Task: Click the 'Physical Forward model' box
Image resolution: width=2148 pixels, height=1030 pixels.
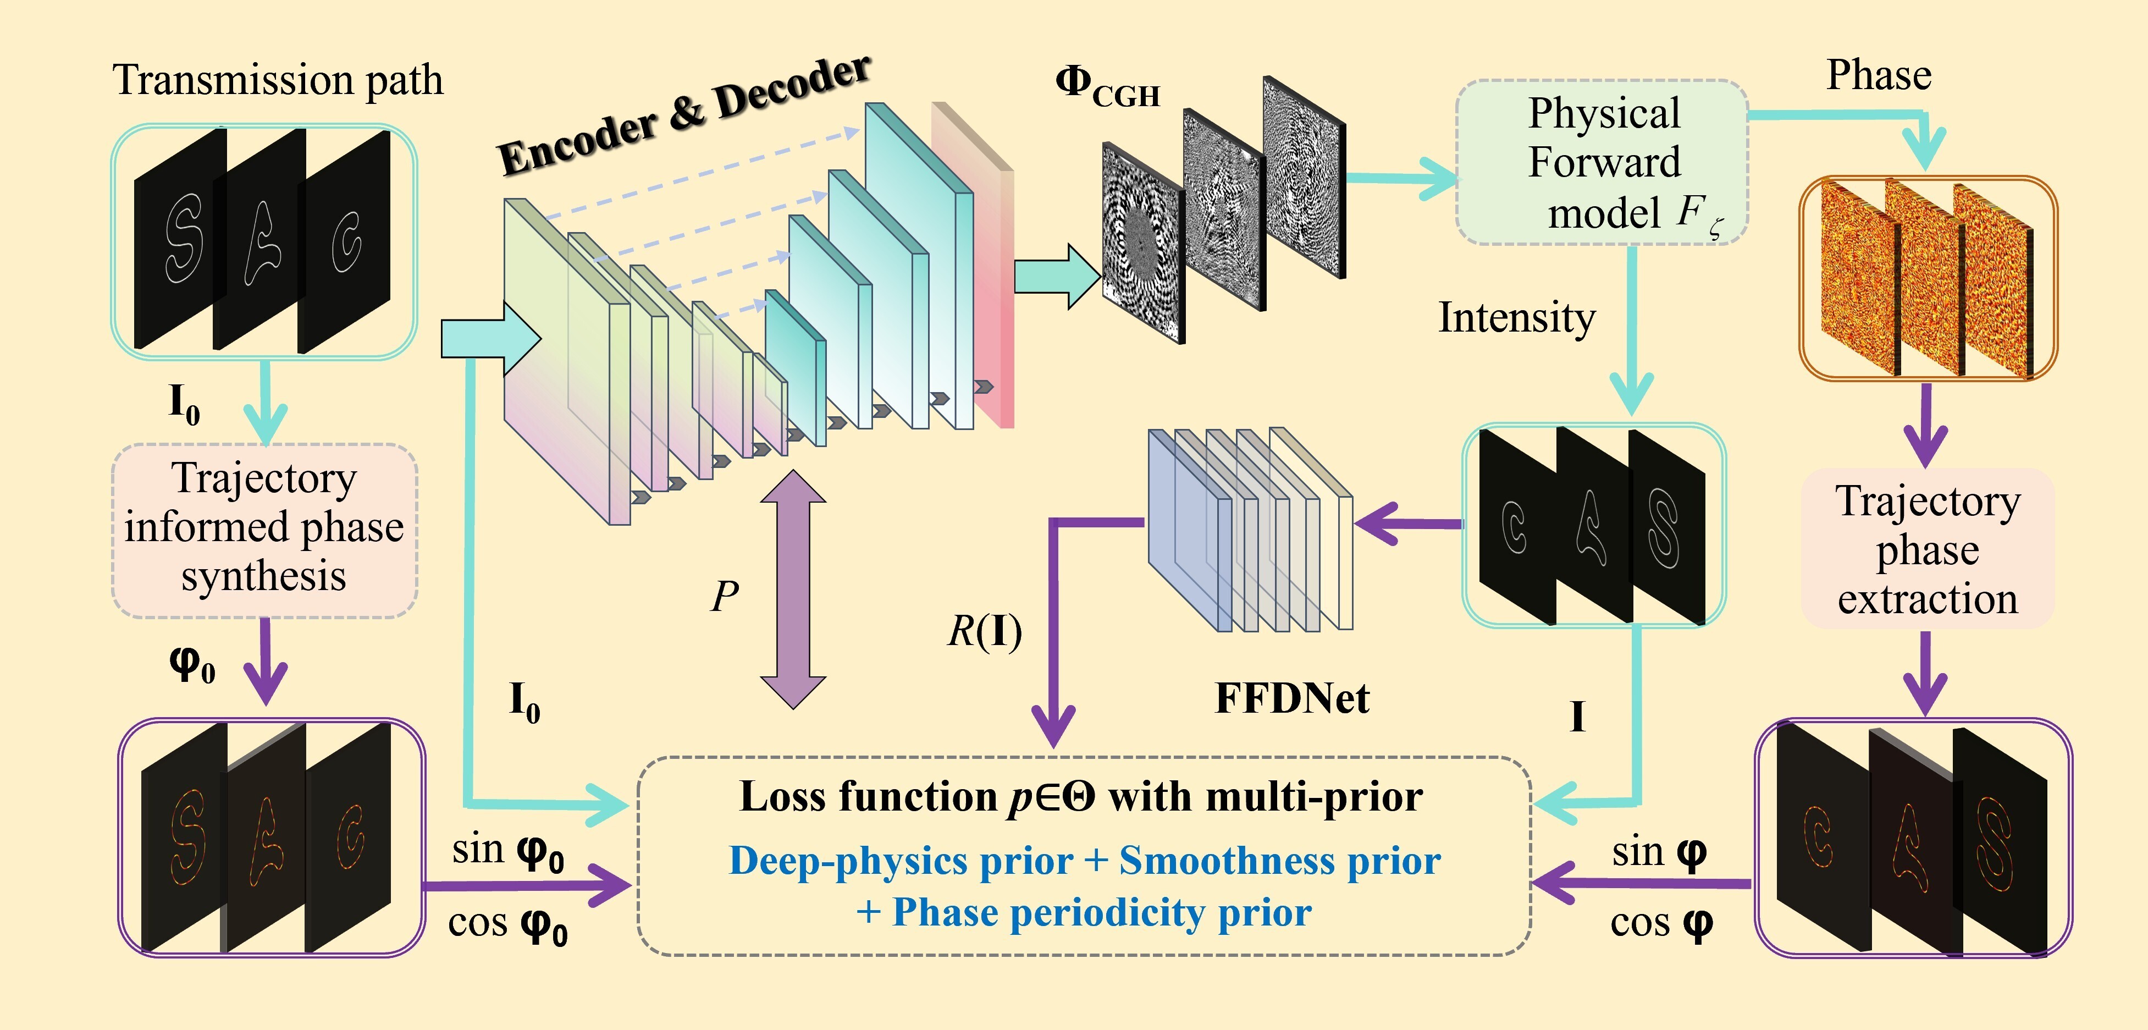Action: (1602, 163)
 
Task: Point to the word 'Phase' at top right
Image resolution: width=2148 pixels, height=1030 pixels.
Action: (1879, 75)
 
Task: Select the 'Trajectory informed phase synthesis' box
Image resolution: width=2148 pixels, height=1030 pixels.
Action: (264, 531)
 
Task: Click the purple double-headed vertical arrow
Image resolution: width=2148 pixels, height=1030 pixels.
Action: (793, 590)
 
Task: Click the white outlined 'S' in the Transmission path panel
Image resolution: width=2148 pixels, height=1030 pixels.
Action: (184, 239)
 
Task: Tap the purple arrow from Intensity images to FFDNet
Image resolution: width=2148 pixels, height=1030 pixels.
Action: (1409, 524)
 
